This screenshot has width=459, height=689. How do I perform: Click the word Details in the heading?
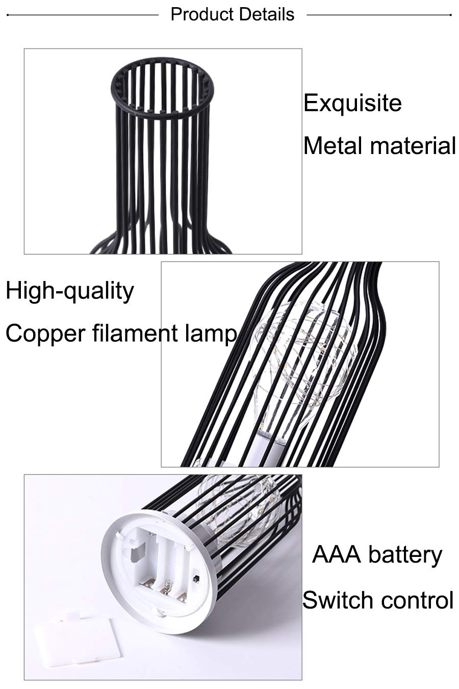pos(267,14)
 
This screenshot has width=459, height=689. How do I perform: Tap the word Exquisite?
pos(352,104)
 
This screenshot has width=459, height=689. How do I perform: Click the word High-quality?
pos(70,291)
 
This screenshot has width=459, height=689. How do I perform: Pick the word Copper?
pos(46,334)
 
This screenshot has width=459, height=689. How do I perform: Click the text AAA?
pos(337,554)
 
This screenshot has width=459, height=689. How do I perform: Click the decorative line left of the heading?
pos(82,14)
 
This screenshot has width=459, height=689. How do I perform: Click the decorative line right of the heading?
pos(379,14)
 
